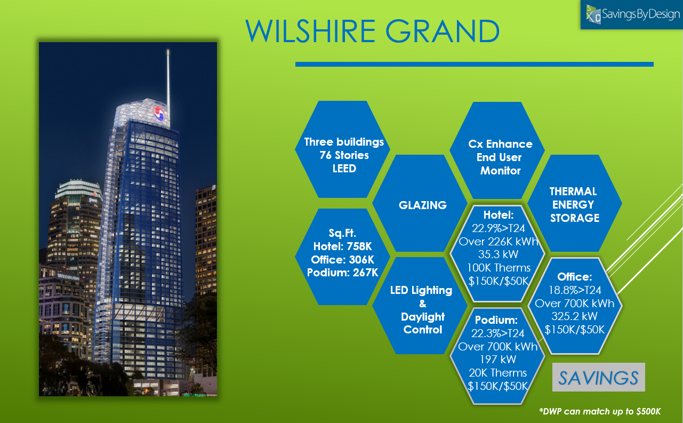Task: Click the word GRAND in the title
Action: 443,31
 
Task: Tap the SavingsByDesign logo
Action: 632,14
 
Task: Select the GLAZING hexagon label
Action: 423,205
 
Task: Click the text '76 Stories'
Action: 344,155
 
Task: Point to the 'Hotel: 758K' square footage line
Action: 342,246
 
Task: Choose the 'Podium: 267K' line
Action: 342,273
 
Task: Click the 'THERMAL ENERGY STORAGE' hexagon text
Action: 574,205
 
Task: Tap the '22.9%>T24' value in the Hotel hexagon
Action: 498,228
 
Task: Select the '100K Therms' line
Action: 499,268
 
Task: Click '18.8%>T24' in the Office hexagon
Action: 575,290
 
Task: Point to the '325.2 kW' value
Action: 574,316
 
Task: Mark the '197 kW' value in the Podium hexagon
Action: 498,360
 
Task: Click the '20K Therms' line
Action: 497,373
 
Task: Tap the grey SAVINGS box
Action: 599,377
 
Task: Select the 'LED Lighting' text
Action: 421,290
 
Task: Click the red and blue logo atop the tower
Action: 159,114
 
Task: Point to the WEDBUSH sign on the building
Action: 68,277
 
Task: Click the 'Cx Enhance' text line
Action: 500,144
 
